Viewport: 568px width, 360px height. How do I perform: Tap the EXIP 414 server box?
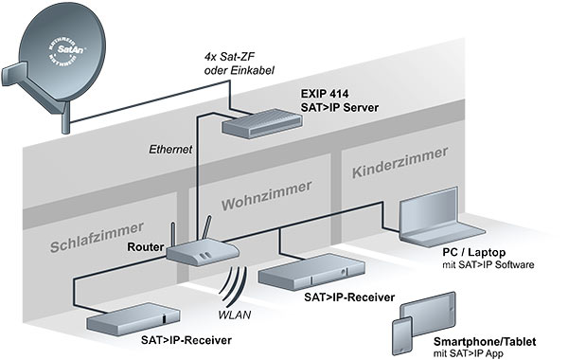tap(253, 120)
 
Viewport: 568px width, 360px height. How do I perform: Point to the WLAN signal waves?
tap(236, 283)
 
